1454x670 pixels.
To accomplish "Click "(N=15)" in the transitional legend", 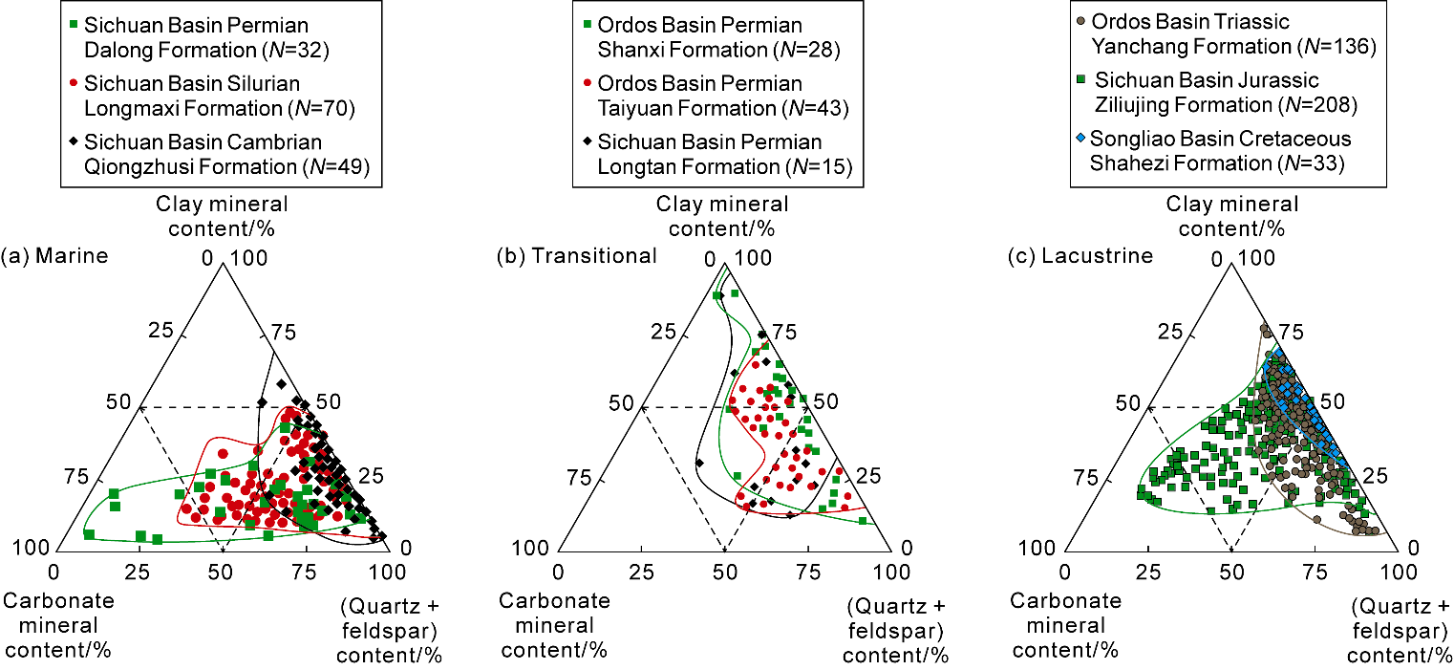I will pyautogui.click(x=820, y=166).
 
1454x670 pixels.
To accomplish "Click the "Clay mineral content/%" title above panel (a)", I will pyautogui.click(x=220, y=215).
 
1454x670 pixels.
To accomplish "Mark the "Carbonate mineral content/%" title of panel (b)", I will pyautogui.click(x=555, y=625).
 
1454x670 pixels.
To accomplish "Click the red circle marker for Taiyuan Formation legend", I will pyautogui.click(x=588, y=83).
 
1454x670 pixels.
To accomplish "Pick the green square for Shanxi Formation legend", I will pyautogui.click(x=588, y=24).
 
